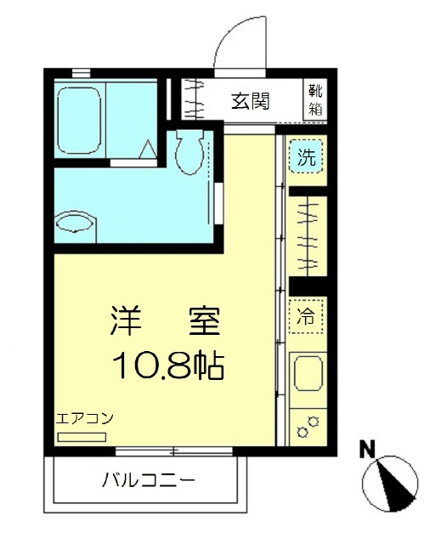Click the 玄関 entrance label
click(x=250, y=100)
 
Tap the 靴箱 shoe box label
click(x=316, y=100)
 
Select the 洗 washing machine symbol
click(x=306, y=156)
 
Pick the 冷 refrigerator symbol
click(x=306, y=316)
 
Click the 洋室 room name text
click(x=167, y=320)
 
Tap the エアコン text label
click(x=84, y=419)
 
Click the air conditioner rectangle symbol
click(x=82, y=437)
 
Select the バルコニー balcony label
click(x=150, y=480)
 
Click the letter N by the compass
click(x=367, y=448)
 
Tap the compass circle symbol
click(x=390, y=483)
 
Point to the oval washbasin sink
click(x=76, y=224)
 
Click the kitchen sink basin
click(x=307, y=375)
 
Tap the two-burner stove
click(x=307, y=424)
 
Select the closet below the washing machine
click(x=307, y=234)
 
